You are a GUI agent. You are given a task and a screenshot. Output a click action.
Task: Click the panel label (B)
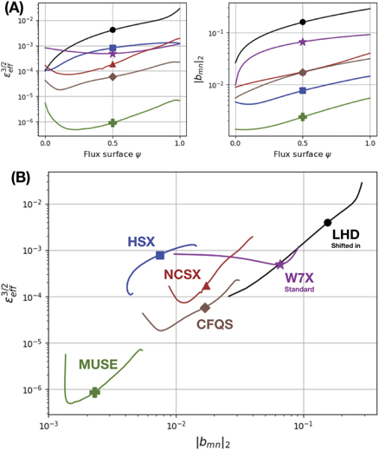(24, 178)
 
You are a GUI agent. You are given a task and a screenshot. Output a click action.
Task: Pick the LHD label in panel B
(340, 234)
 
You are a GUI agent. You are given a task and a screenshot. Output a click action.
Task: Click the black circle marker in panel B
(327, 223)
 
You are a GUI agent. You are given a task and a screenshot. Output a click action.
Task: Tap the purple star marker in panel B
(279, 264)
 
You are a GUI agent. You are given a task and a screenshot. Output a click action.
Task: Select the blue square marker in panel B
(160, 255)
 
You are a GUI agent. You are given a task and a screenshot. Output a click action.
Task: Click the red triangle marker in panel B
(206, 286)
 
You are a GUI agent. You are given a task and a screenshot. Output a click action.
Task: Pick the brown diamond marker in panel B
(205, 308)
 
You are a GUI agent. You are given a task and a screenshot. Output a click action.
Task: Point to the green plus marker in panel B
(95, 392)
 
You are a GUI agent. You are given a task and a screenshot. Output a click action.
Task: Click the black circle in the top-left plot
(112, 30)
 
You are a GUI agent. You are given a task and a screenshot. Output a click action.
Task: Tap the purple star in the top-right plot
(302, 42)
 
